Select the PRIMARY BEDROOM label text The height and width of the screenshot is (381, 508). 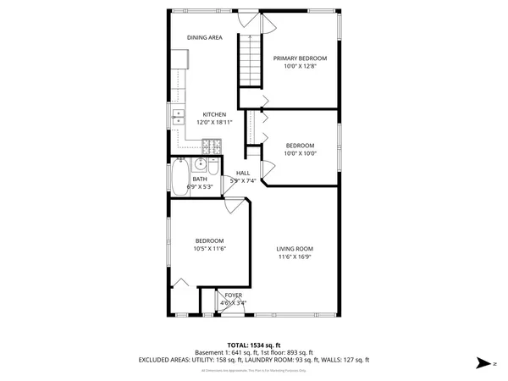coord(300,58)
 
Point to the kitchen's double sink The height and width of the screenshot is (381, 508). coord(179,118)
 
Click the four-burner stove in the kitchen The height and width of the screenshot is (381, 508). coord(212,146)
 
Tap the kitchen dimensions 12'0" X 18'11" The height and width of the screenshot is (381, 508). coord(213,123)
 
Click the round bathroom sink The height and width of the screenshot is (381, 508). coord(200,165)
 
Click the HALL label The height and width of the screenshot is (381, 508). coord(243,173)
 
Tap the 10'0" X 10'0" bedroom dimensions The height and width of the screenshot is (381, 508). coord(300,153)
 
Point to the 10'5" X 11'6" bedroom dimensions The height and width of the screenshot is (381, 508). coord(209,249)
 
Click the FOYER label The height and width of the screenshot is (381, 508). coord(233,295)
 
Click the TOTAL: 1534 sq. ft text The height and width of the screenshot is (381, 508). coord(254,345)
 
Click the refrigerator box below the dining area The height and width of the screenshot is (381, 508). coord(180,59)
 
